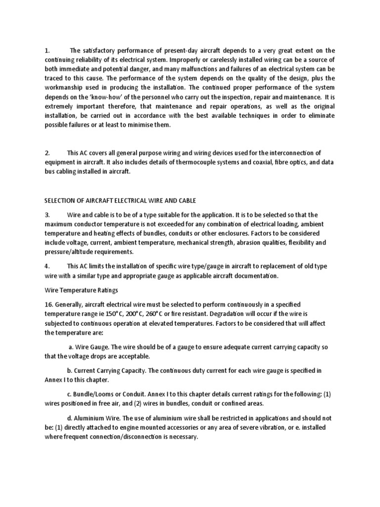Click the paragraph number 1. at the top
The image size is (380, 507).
47,51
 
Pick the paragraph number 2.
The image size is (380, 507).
47,153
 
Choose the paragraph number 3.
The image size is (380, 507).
47,214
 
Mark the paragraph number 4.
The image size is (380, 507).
47,266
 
